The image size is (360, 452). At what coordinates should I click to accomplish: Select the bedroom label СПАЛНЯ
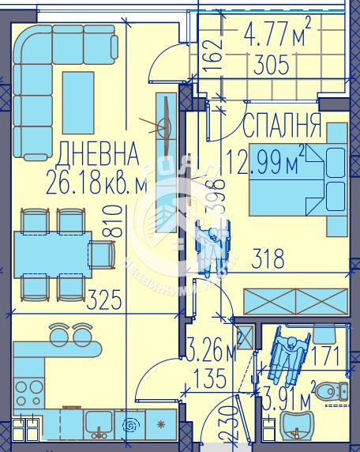tap(282, 126)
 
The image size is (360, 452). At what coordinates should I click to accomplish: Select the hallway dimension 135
tap(210, 377)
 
